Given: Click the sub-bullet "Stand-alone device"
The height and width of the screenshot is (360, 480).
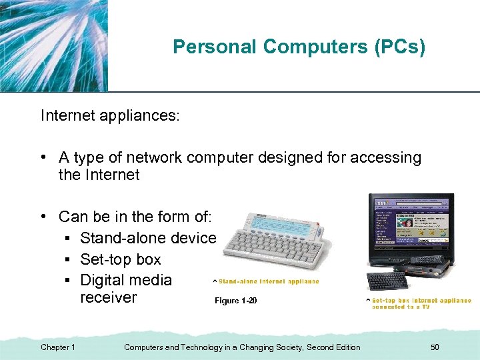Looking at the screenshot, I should coord(148,237).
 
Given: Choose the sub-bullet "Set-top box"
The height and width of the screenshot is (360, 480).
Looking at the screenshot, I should coord(121,259).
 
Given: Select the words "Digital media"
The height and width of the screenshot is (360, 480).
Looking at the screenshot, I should coord(126,280).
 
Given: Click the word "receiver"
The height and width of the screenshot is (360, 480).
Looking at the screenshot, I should coord(108,297).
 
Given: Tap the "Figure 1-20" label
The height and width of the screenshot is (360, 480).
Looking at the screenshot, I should coord(235,301).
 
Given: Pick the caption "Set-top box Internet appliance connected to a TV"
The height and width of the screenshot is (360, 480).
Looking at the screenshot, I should coord(420,303).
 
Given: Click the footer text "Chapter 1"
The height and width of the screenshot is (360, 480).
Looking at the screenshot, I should coord(58,347).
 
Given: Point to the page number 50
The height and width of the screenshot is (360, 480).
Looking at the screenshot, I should coord(435,347).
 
